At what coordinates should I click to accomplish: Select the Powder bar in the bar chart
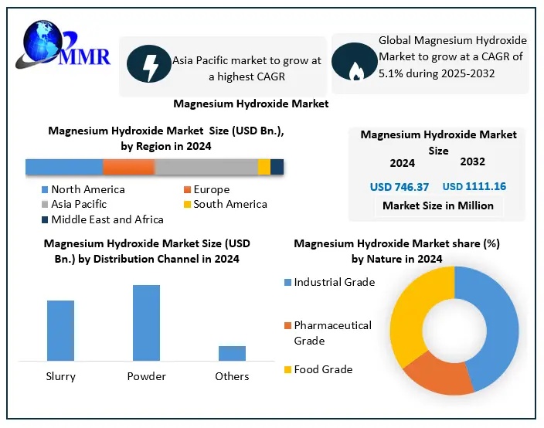coord(146,322)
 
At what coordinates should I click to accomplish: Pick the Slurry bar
coord(60,330)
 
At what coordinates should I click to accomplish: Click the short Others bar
coord(232,353)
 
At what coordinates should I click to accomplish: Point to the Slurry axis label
coord(60,376)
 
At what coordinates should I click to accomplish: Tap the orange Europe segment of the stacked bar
coord(128,167)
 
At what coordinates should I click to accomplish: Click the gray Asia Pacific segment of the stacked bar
coord(206,167)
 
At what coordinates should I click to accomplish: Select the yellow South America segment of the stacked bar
coord(264,167)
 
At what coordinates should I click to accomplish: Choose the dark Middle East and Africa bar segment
coord(277,167)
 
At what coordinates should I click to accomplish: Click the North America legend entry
coord(82,189)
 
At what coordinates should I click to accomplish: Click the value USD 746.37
coord(399,187)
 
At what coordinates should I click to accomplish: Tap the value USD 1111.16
coord(474,187)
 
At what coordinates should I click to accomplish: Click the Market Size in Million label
coord(437,206)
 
